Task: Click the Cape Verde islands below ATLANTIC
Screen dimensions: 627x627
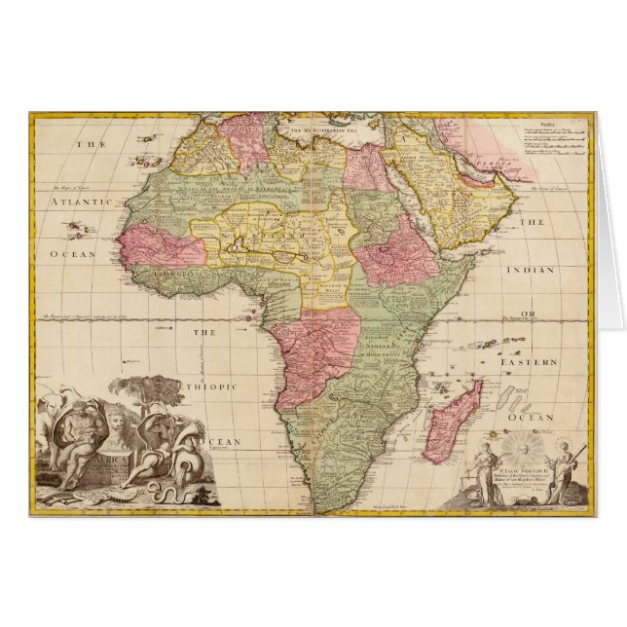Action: click(x=75, y=231)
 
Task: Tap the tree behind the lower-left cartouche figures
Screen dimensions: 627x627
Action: click(x=146, y=390)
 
